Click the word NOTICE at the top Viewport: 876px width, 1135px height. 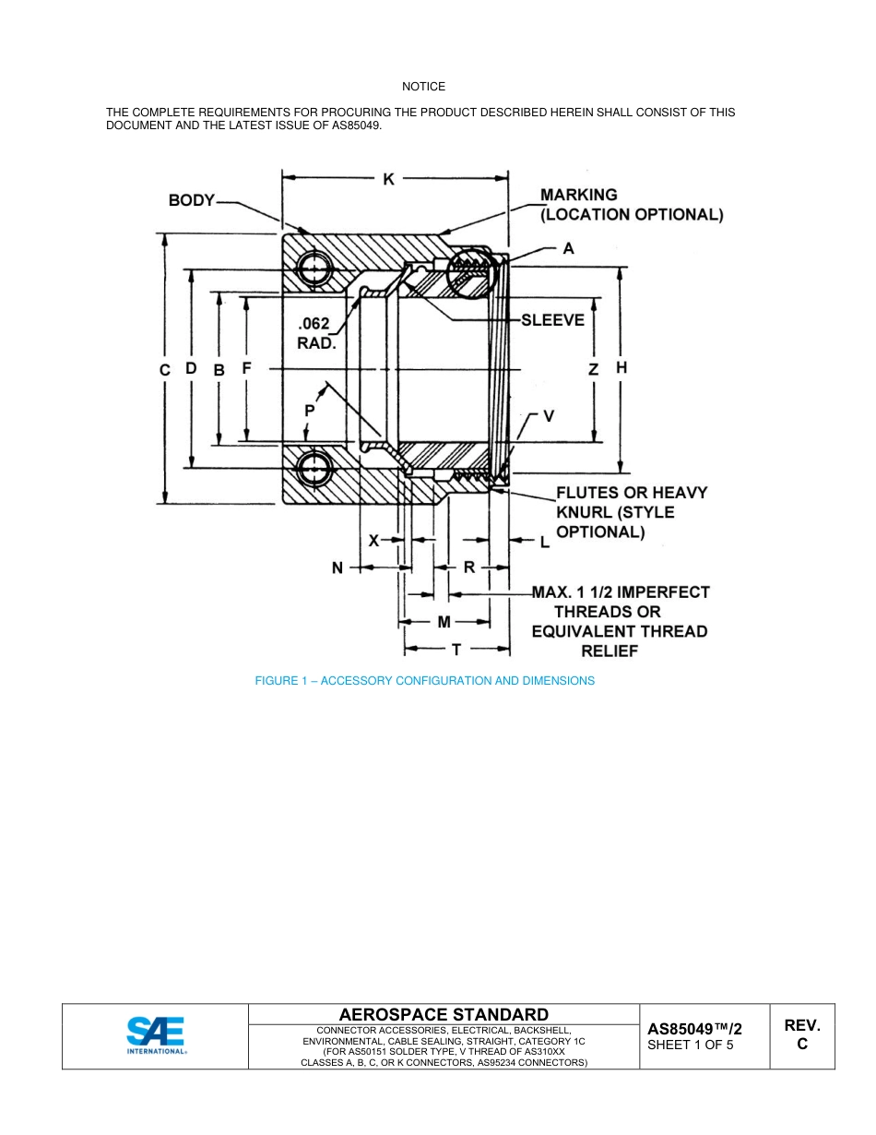pyautogui.click(x=423, y=87)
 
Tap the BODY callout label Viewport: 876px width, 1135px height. pyautogui.click(x=191, y=200)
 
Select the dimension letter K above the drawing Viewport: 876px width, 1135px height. pyautogui.click(x=389, y=180)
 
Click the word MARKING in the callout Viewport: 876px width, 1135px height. pyautogui.click(x=578, y=195)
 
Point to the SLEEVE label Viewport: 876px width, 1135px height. pyautogui.click(x=552, y=320)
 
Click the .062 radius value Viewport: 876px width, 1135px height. pyautogui.click(x=314, y=325)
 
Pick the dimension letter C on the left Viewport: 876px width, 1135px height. pyautogui.click(x=165, y=369)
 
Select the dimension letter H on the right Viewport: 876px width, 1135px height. pyautogui.click(x=621, y=367)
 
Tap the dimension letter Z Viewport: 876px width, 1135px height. pyautogui.click(x=594, y=369)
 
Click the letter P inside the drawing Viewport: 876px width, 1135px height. pyautogui.click(x=309, y=410)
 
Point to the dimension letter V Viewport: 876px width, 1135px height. pyautogui.click(x=549, y=416)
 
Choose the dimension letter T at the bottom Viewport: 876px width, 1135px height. pyautogui.click(x=456, y=650)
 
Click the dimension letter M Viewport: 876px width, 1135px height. pyautogui.click(x=444, y=622)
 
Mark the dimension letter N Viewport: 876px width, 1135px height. pyautogui.click(x=337, y=568)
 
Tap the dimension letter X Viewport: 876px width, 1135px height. pyautogui.click(x=373, y=541)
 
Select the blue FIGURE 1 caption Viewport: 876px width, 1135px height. pyautogui.click(x=424, y=681)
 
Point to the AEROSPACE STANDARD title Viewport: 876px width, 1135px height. pyautogui.click(x=444, y=1014)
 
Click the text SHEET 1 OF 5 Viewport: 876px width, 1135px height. pyautogui.click(x=691, y=1045)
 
